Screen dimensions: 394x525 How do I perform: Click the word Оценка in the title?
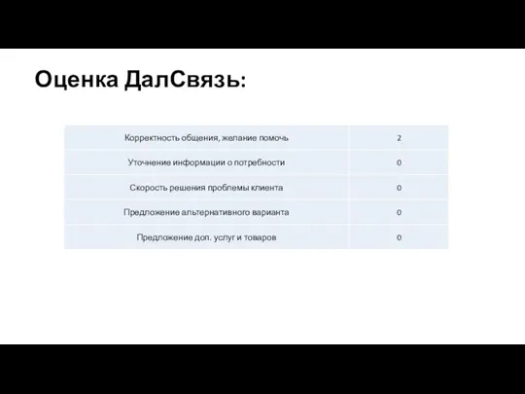point(77,80)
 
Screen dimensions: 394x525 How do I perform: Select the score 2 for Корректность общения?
point(399,138)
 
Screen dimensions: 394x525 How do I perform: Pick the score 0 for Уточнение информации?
point(399,162)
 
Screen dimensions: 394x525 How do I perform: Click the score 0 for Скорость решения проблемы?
point(399,188)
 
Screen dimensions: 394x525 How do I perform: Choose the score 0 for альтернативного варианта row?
point(399,212)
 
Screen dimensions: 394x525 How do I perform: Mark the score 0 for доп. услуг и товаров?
point(399,237)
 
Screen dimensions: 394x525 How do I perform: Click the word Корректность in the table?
point(153,138)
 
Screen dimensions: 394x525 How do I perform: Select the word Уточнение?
point(152,162)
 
